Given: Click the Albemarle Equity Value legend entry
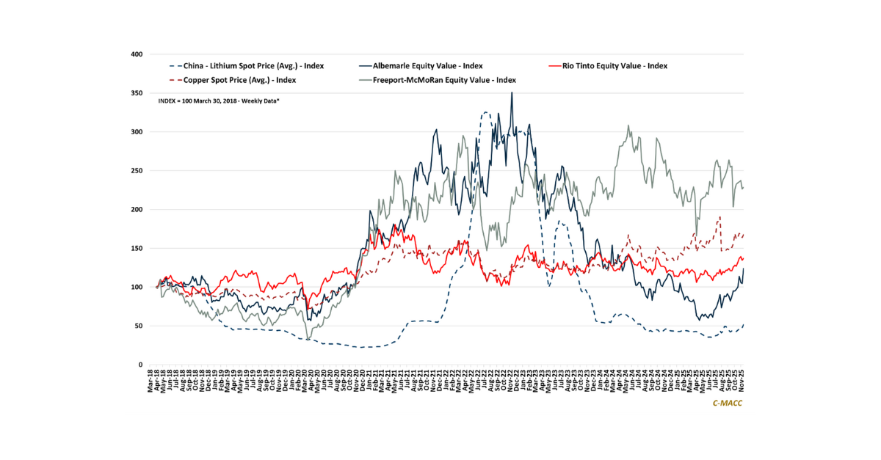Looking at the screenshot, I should tap(427, 65).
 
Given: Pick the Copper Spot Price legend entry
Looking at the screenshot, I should tap(236, 80).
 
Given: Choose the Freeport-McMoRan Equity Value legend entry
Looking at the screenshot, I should tap(444, 80).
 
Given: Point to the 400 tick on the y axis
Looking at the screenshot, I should tap(137, 54).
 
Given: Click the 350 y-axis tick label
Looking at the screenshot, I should tap(137, 93).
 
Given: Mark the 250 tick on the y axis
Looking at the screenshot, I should tap(137, 171).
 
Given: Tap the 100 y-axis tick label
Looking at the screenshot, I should tap(137, 287).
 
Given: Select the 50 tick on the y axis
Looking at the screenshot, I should tap(139, 326).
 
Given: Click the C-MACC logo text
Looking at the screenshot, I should tap(728, 404).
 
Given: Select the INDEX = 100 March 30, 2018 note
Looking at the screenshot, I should tap(218, 100).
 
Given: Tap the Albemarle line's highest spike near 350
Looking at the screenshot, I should tap(512, 93).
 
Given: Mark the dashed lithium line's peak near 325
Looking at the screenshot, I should tap(486, 112).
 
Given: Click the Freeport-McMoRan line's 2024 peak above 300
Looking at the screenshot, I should tap(628, 125).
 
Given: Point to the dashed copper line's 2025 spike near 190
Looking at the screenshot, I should tap(720, 216).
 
